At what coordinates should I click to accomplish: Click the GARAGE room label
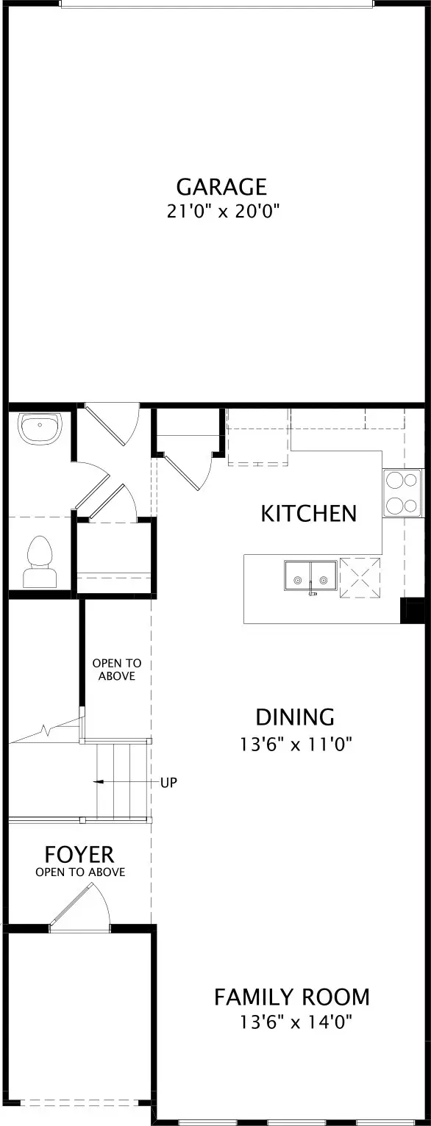click(221, 187)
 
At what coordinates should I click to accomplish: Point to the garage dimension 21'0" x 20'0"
click(223, 212)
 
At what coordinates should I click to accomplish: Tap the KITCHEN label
click(309, 513)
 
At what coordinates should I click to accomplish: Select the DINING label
click(295, 717)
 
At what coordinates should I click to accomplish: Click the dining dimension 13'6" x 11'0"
click(295, 744)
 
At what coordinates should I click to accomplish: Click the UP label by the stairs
click(169, 783)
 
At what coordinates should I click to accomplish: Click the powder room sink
click(40, 428)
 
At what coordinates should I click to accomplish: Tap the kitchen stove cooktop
click(402, 492)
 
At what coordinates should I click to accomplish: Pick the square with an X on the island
click(360, 578)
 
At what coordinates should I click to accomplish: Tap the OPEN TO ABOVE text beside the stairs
click(117, 670)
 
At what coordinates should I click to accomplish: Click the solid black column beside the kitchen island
click(412, 611)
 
